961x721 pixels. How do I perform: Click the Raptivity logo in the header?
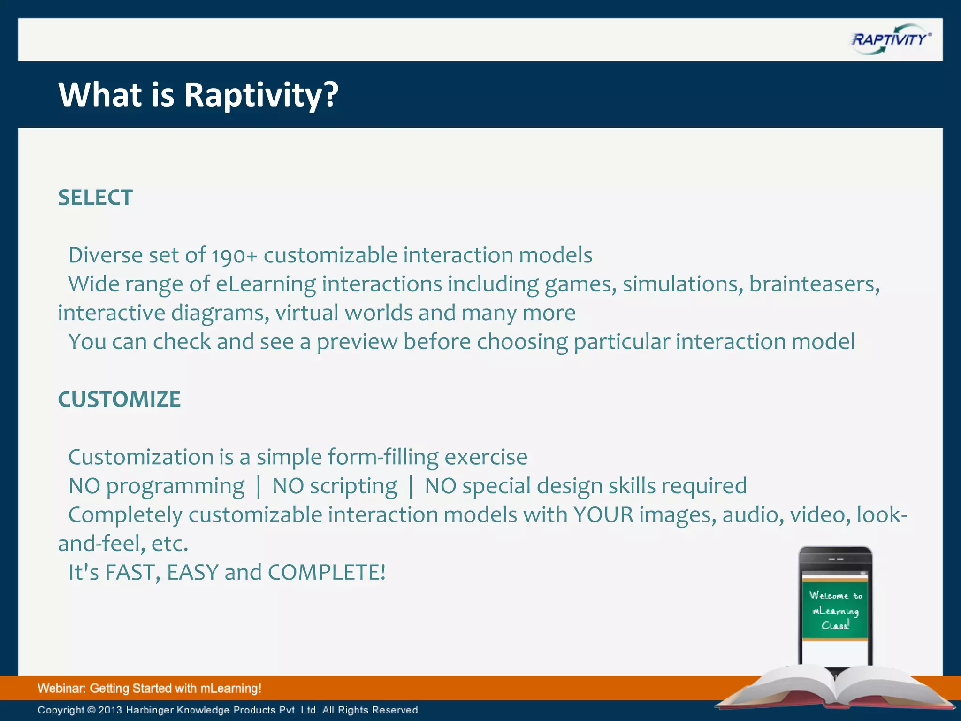(890, 39)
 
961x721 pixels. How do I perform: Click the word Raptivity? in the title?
(261, 95)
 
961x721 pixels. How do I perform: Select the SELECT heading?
(95, 198)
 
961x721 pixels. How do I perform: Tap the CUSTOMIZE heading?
(119, 399)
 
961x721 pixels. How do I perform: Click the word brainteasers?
(814, 284)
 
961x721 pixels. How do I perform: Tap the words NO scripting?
(335, 486)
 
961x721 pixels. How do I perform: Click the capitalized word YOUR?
(603, 515)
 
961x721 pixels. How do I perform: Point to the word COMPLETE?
(327, 573)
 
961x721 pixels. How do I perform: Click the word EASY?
(193, 573)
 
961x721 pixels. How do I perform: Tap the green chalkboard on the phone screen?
(835, 610)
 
